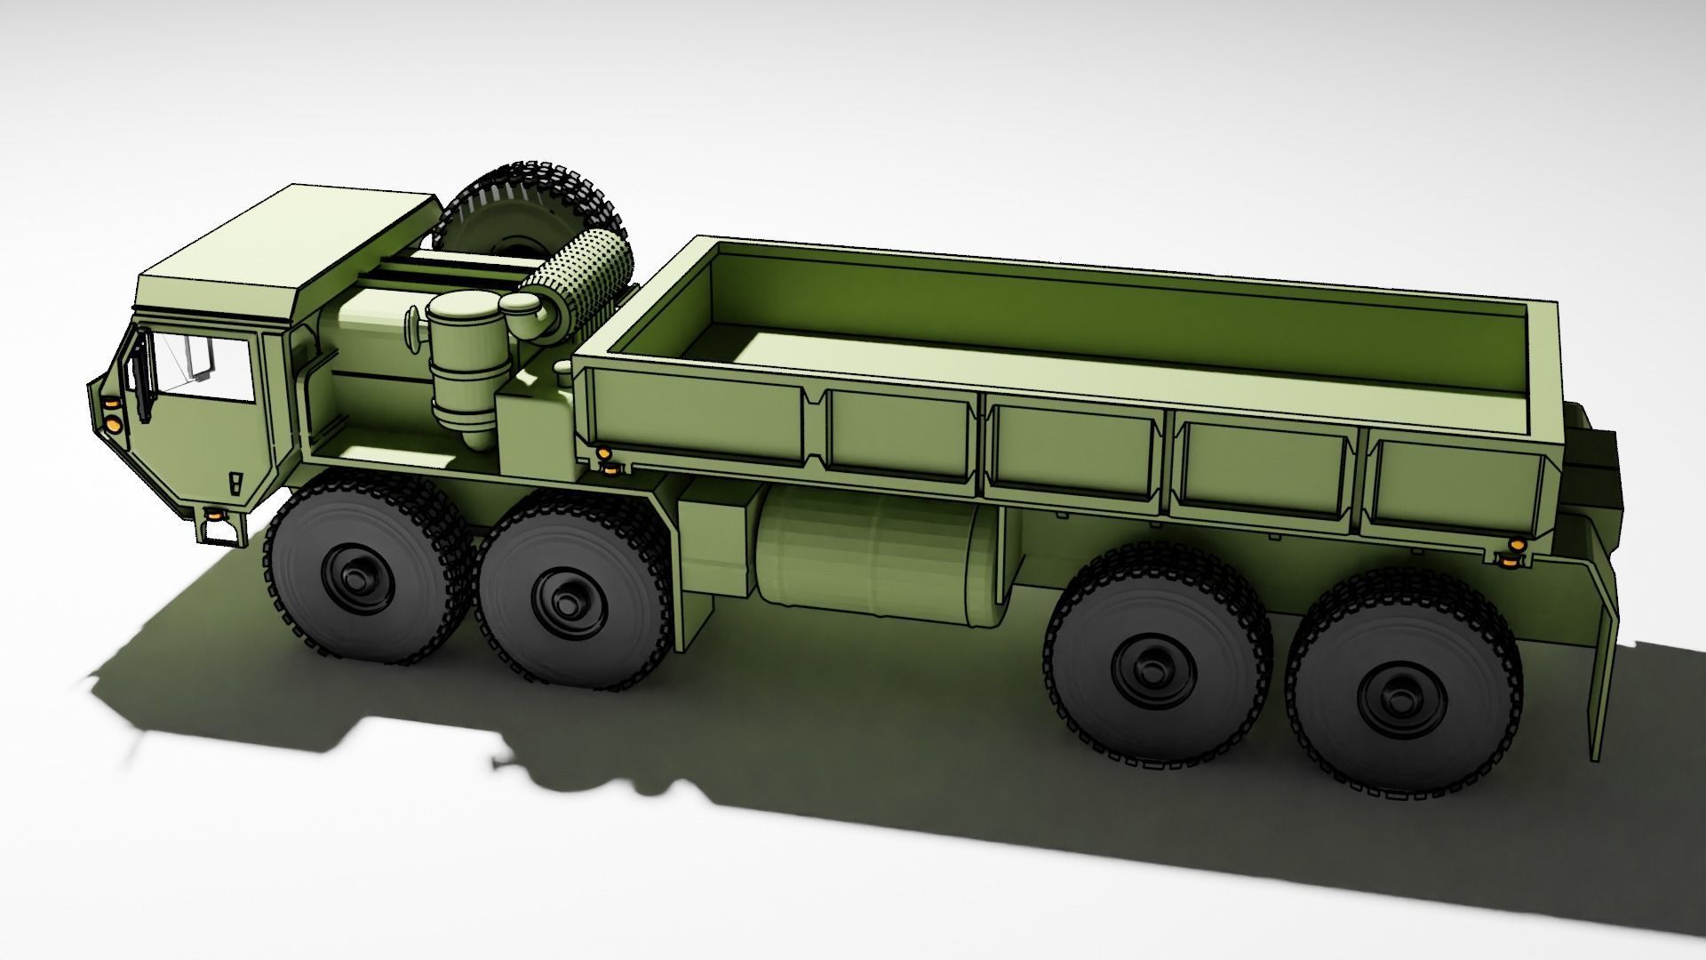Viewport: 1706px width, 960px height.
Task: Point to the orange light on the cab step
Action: (213, 515)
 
